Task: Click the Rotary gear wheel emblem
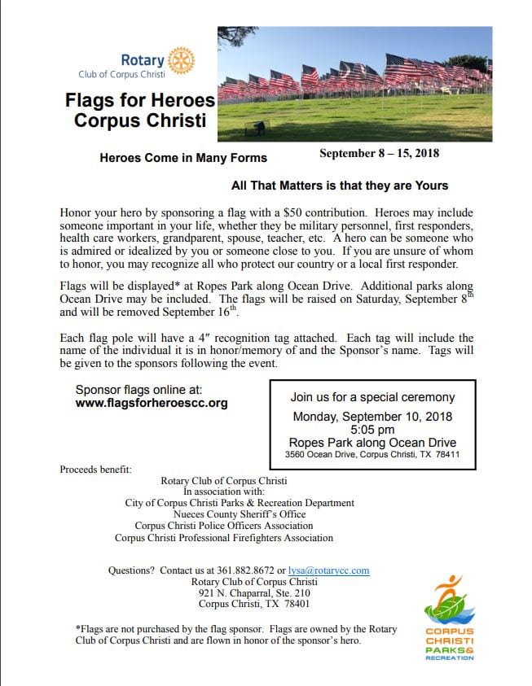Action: tap(181, 59)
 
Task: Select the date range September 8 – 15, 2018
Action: tap(380, 153)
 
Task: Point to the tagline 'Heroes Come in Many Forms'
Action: tap(183, 158)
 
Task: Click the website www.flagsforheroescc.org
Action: tap(152, 403)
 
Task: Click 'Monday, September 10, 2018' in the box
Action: tap(372, 416)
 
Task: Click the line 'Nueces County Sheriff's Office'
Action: tap(240, 514)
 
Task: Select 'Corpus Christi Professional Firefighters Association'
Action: tap(224, 538)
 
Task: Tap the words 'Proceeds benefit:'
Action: tap(95, 470)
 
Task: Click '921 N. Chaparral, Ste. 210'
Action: tap(254, 592)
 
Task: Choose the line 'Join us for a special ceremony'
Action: tap(372, 398)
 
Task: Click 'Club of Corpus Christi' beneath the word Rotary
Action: tap(121, 74)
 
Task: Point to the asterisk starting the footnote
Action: tap(77, 629)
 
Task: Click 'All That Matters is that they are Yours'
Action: tap(340, 186)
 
